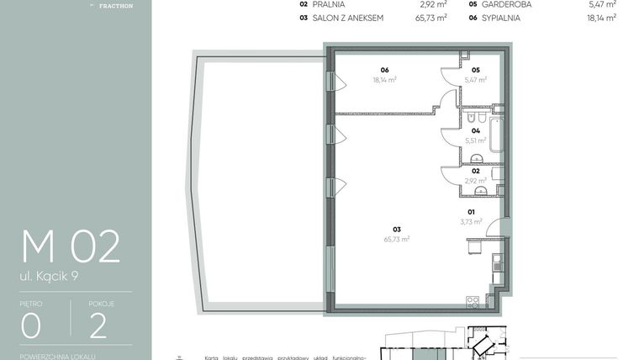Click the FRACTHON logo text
click(115, 6)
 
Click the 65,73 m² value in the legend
click(434, 17)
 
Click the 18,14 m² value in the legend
click(601, 17)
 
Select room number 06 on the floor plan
click(384, 70)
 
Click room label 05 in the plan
click(475, 70)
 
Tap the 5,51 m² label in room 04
click(476, 140)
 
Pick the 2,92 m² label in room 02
click(476, 180)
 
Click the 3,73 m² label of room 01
click(471, 222)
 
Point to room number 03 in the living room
click(395, 229)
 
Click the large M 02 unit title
click(71, 246)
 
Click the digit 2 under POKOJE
click(98, 325)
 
